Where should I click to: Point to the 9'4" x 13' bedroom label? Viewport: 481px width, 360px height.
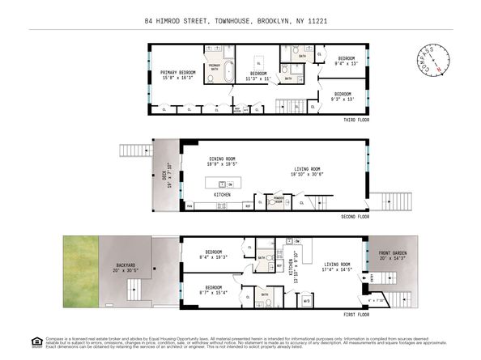coord(346,61)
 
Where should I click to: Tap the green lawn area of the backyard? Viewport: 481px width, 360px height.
coord(80,272)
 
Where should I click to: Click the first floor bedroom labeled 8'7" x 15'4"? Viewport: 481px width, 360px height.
coord(215,289)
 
